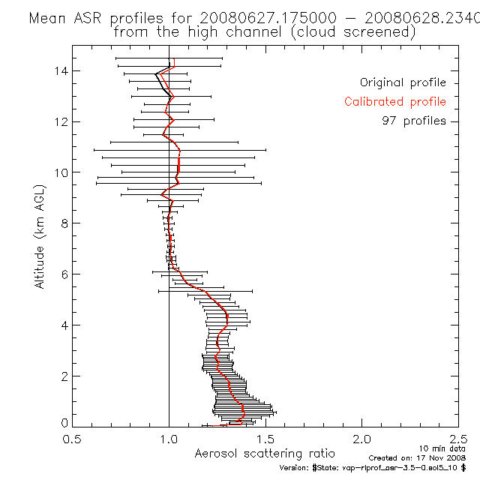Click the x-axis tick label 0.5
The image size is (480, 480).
72,439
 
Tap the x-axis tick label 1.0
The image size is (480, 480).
169,439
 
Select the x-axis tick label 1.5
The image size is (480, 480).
265,439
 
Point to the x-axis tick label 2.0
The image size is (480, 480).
361,439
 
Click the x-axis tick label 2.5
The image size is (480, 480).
457,439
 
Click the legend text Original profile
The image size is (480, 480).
403,82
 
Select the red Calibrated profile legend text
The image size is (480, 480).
395,102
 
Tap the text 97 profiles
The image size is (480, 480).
413,121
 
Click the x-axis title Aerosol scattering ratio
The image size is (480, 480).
265,454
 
